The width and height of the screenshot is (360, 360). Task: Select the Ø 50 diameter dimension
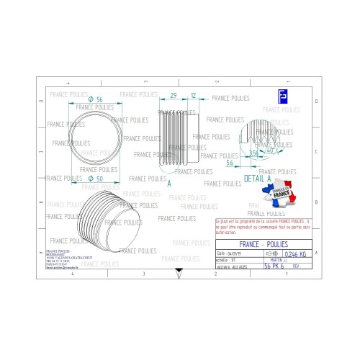94,178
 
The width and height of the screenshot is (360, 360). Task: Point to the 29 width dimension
174,96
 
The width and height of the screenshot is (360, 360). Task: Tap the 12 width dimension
194,96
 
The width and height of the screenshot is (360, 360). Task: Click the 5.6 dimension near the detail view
229,163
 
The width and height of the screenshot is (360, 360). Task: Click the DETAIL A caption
258,177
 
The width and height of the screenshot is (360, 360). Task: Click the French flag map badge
281,195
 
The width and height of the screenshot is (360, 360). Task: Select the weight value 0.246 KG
295,254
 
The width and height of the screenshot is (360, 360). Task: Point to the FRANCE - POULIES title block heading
264,244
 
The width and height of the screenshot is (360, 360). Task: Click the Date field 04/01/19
230,254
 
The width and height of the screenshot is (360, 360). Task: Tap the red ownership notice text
264,227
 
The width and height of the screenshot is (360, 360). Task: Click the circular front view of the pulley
94,138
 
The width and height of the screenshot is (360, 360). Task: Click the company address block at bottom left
65,259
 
